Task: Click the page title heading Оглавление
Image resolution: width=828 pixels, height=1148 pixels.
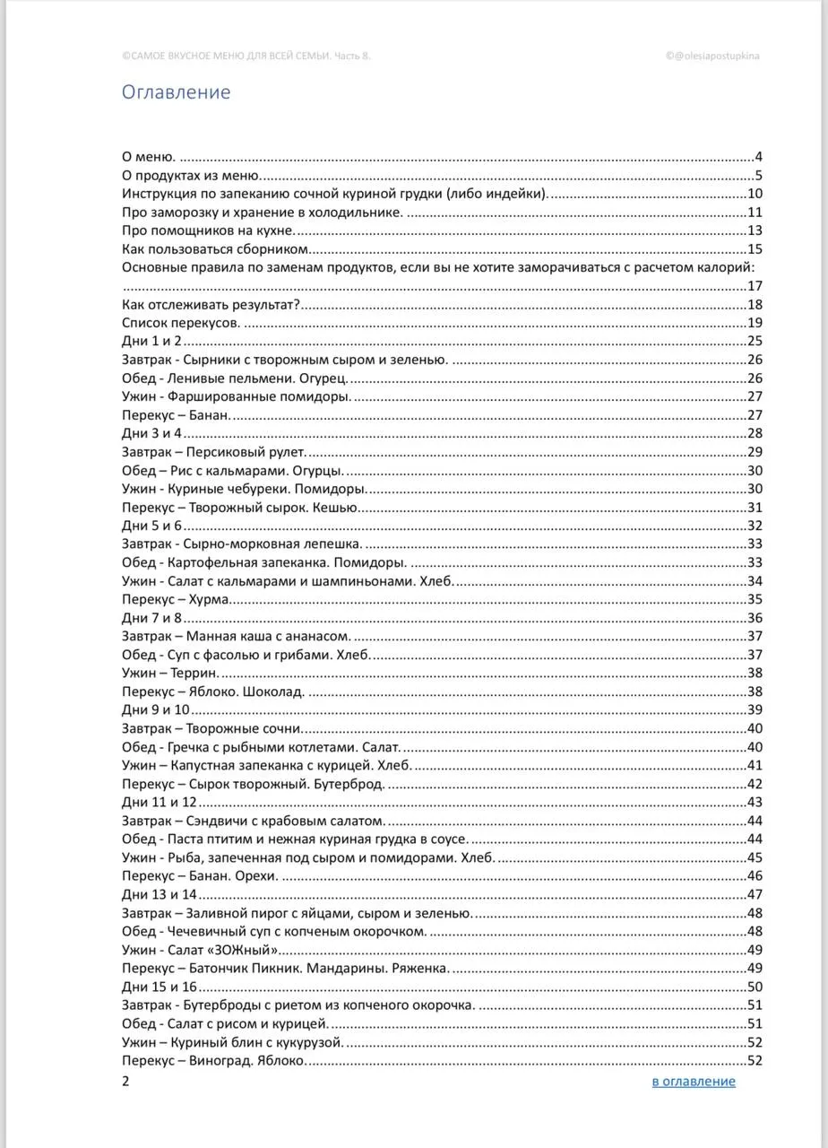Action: [x=176, y=92]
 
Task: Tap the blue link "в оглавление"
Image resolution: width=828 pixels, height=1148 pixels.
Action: [x=694, y=1081]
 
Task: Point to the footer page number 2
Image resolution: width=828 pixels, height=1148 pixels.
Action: [x=125, y=1081]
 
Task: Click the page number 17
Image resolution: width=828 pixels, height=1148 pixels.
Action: [x=754, y=286]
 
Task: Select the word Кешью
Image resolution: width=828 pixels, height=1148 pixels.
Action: [x=340, y=507]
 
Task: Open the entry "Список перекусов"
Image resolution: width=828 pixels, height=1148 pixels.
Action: [x=180, y=323]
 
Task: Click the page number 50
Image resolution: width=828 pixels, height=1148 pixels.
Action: [x=754, y=987]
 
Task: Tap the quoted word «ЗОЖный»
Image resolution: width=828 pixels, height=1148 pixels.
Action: [x=249, y=950]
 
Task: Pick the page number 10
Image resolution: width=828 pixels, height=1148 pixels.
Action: [x=754, y=194]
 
